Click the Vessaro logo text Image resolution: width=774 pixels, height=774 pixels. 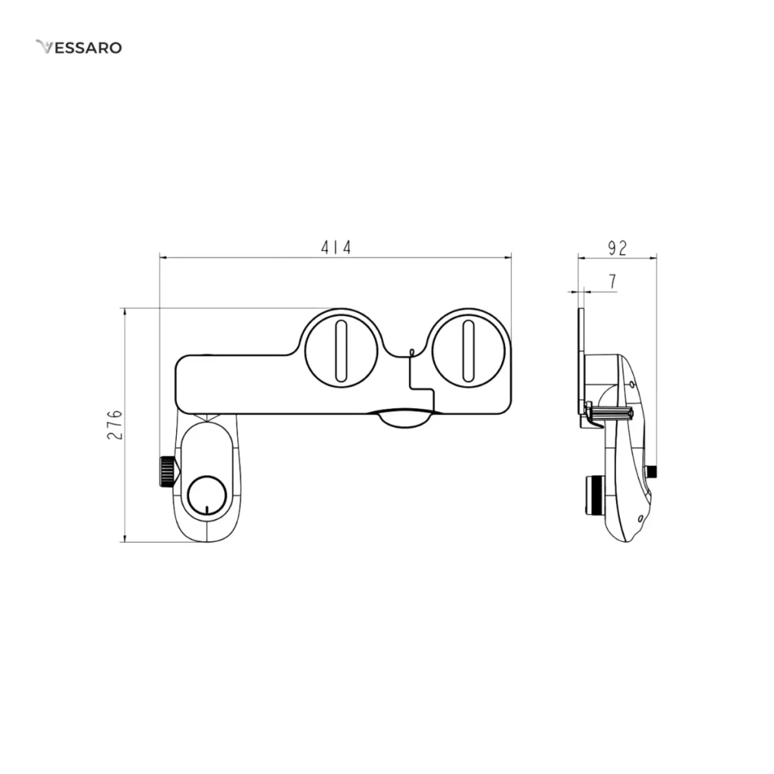click(79, 48)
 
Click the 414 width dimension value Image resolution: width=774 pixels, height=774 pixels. click(336, 247)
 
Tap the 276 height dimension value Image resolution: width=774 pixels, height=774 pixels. click(115, 425)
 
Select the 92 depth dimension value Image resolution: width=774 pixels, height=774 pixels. click(617, 248)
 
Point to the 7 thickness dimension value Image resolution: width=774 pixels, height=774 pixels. click(612, 281)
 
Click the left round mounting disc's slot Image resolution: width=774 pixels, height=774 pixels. click(341, 351)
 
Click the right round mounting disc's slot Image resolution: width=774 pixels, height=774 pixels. click(468, 351)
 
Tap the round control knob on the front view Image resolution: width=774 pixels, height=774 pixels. click(207, 496)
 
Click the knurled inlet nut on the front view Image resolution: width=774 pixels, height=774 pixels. click(167, 472)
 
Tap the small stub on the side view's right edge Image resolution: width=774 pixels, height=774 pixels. click(652, 472)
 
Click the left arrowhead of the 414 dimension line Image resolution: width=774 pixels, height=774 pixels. click(164, 257)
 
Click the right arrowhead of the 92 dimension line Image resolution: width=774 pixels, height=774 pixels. click(652, 257)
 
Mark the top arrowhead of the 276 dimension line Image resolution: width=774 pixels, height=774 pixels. click(125, 313)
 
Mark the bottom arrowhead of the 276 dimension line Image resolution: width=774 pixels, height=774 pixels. click(125, 537)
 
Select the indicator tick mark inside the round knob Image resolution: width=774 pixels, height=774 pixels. click(207, 510)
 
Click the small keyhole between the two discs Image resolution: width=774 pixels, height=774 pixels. click(412, 352)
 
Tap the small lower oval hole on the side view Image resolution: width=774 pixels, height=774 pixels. click(640, 518)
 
